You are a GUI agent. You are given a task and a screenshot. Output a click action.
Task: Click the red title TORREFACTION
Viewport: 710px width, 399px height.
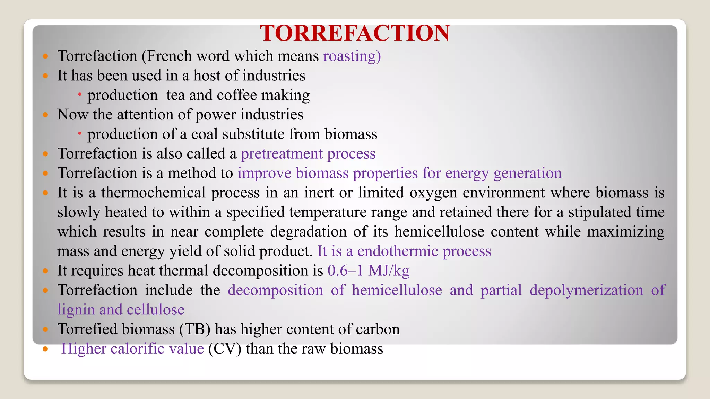click(355, 33)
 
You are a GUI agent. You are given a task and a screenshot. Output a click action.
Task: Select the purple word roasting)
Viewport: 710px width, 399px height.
click(352, 56)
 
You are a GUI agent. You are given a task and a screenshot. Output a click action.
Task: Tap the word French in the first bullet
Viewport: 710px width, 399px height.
click(167, 56)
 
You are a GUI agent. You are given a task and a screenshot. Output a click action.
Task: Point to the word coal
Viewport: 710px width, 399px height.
click(205, 134)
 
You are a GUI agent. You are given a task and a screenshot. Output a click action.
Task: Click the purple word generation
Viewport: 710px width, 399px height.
click(527, 173)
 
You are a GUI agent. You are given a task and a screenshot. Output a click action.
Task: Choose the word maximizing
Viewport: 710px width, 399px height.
click(625, 232)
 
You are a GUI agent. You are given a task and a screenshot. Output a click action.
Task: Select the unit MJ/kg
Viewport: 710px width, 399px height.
click(389, 271)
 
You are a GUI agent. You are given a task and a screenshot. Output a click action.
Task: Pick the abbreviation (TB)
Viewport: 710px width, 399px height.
click(195, 329)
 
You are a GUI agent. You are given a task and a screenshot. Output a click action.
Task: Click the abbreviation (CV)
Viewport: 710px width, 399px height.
click(225, 349)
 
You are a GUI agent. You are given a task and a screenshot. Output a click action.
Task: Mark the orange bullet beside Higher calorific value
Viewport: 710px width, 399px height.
click(45, 349)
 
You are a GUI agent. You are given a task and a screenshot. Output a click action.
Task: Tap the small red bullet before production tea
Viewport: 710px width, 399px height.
click(80, 94)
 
